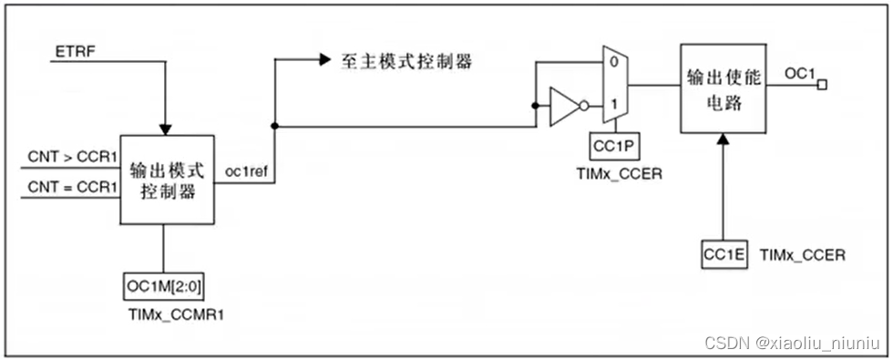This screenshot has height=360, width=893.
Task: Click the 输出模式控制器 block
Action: [168, 180]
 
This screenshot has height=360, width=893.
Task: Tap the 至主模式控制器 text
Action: [406, 61]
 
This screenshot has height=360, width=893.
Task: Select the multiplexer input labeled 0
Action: [615, 63]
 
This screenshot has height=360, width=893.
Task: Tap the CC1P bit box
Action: [613, 146]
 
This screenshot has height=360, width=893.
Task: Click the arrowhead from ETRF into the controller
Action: [164, 127]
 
